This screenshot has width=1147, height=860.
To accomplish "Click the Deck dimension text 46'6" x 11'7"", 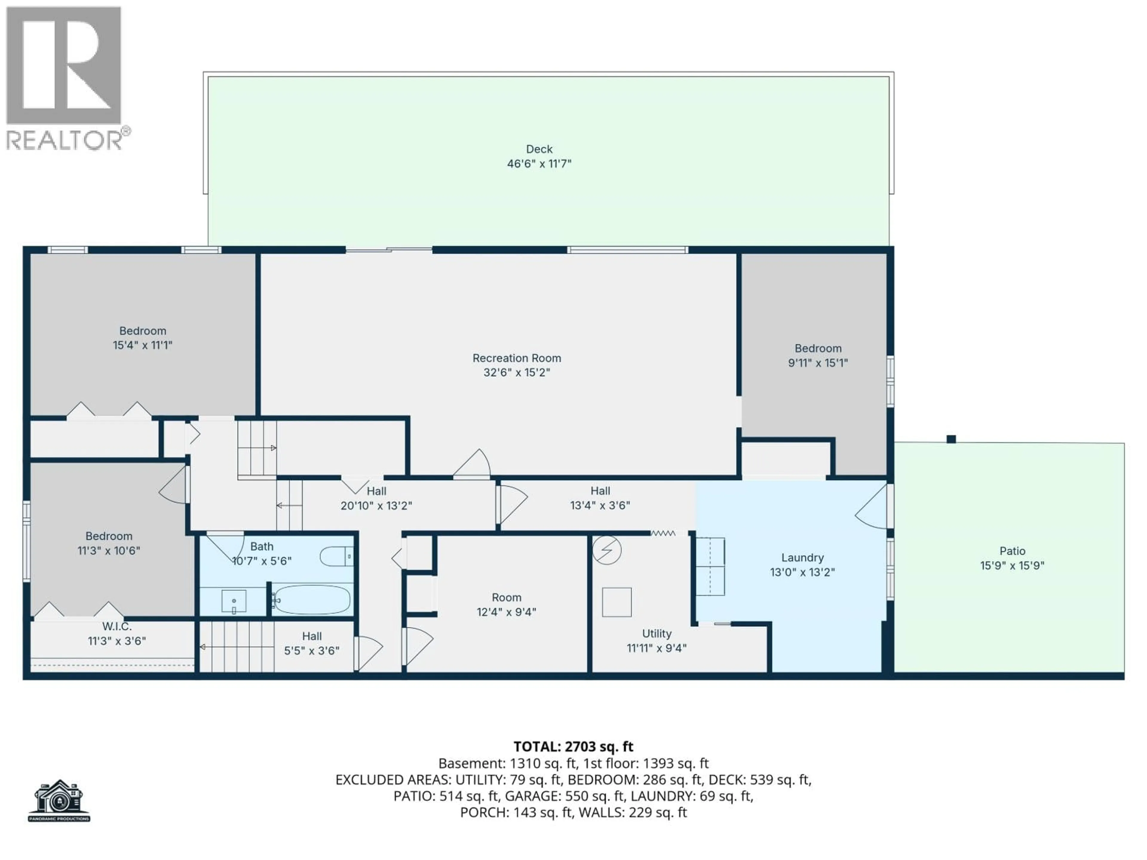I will click(539, 164).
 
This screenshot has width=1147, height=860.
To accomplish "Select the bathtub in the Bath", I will click(312, 600).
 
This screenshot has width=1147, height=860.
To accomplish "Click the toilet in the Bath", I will click(336, 557).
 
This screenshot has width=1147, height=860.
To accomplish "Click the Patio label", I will click(1012, 551).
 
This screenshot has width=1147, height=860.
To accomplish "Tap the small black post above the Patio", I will click(951, 439).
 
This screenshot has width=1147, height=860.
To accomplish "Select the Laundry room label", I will click(802, 558).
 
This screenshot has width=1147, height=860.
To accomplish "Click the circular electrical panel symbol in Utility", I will click(607, 550).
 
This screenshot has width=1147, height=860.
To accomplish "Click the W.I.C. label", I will click(117, 626).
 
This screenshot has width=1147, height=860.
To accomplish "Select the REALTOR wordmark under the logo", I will click(65, 140).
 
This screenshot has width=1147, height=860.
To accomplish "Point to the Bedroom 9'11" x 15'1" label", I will click(818, 356).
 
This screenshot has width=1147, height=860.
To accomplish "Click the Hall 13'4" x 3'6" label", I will click(600, 498).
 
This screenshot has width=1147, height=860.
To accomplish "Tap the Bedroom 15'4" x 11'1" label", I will click(142, 338).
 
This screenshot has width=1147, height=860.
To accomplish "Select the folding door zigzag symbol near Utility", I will click(663, 533).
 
